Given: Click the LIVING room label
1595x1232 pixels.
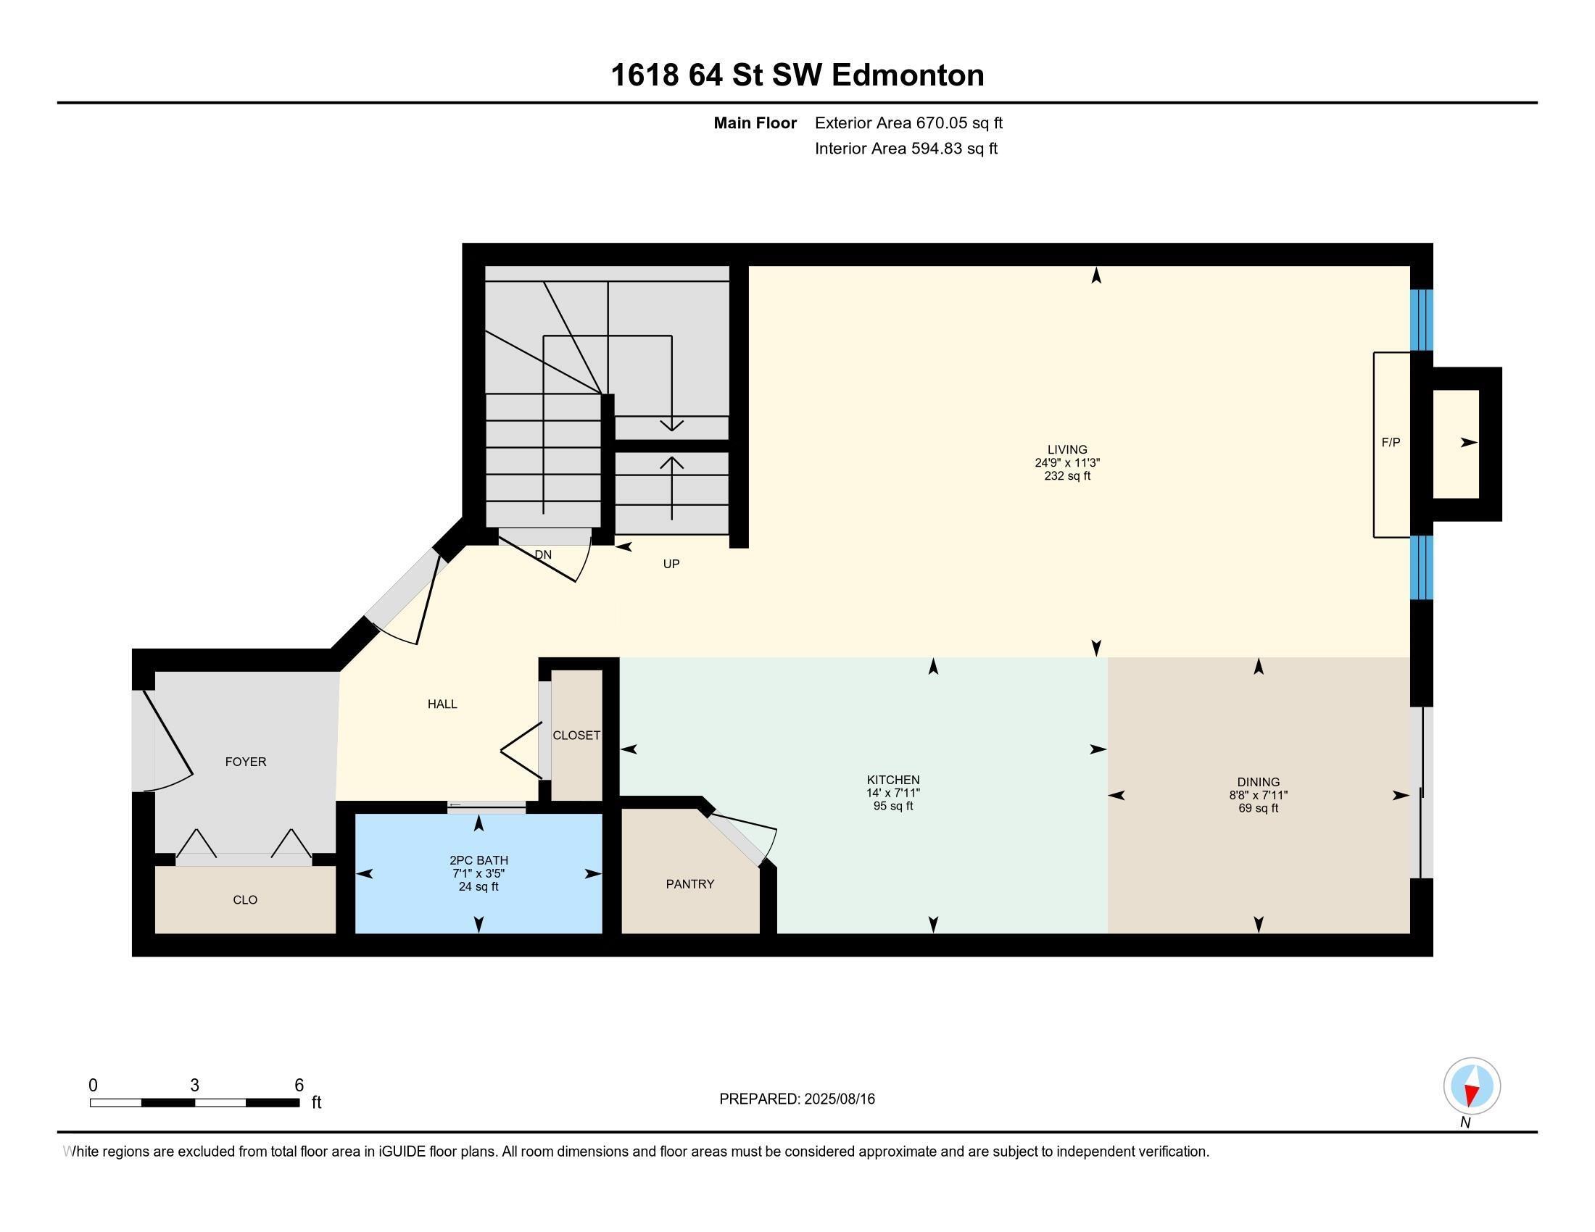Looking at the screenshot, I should click(1067, 449).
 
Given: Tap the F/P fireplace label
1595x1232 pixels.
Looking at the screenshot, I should click(1391, 442).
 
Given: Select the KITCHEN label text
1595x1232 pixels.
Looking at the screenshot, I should click(892, 780).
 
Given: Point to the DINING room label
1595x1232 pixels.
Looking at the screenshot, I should click(1259, 782).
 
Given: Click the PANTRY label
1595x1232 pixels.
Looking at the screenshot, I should click(689, 884).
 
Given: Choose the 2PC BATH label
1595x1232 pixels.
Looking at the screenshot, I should click(478, 860).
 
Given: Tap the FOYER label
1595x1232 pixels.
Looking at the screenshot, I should click(245, 761).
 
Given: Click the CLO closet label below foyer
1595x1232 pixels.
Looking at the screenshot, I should click(244, 900).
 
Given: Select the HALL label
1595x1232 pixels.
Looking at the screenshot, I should click(442, 704).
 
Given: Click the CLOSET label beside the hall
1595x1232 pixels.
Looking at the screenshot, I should click(576, 735).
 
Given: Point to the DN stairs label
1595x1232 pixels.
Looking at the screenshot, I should click(542, 554).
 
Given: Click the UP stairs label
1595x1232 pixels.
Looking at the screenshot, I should click(671, 563).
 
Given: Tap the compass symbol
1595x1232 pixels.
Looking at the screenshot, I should click(1472, 1086).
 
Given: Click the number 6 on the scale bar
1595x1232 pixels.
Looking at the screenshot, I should click(299, 1086).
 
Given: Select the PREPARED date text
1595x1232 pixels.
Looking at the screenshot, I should click(797, 1099).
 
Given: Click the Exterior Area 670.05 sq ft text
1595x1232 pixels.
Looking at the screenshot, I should click(908, 122).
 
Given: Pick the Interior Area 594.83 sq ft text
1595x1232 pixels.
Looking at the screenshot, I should click(906, 149).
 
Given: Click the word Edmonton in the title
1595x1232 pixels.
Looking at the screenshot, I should click(908, 75).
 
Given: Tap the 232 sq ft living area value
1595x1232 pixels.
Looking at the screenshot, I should click(1067, 476).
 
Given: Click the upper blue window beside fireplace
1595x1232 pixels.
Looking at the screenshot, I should click(1420, 320).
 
